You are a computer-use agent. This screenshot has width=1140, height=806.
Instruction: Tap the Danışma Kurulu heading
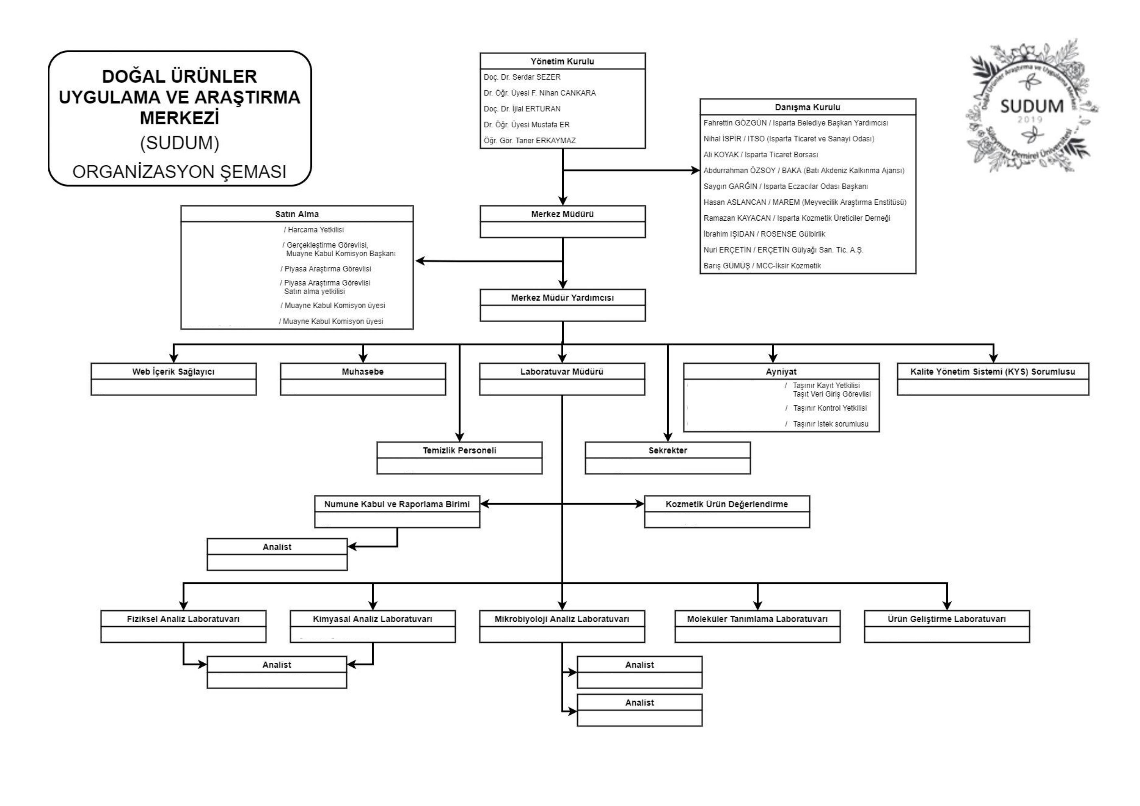pos(807,107)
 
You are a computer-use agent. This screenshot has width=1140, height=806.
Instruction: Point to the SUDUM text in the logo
pos(1031,106)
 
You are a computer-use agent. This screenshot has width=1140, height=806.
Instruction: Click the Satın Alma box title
pos(297,214)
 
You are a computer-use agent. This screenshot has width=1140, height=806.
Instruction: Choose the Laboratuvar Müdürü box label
pos(562,371)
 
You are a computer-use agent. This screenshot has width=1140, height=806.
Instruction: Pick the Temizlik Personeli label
pos(459,450)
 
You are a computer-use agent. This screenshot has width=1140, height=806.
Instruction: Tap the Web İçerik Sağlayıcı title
pos(173,371)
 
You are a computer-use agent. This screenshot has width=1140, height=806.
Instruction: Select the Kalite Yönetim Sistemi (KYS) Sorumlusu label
pos(993,371)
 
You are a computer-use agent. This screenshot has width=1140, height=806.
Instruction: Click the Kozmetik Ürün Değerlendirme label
pos(726,504)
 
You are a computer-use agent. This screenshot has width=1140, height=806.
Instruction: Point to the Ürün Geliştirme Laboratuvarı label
pos(946,619)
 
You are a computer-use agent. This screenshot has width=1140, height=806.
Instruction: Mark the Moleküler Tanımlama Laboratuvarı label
pos(757,619)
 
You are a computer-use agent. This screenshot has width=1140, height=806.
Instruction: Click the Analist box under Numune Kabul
pos(277,547)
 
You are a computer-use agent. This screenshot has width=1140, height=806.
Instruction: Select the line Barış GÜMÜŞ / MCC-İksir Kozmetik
pos(762,266)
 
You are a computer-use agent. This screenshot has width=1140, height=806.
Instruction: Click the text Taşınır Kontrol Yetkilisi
pos(830,408)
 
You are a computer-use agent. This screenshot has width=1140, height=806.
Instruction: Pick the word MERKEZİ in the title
pos(179,118)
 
